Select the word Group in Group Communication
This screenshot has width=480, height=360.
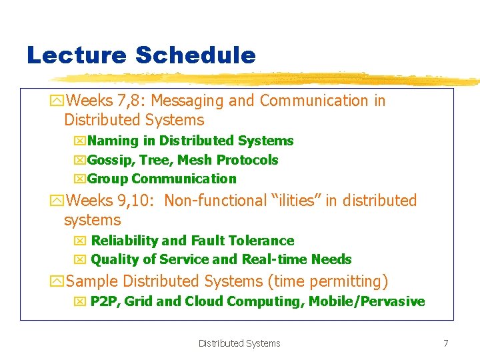point(108,179)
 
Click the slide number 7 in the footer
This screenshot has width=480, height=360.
point(445,343)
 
